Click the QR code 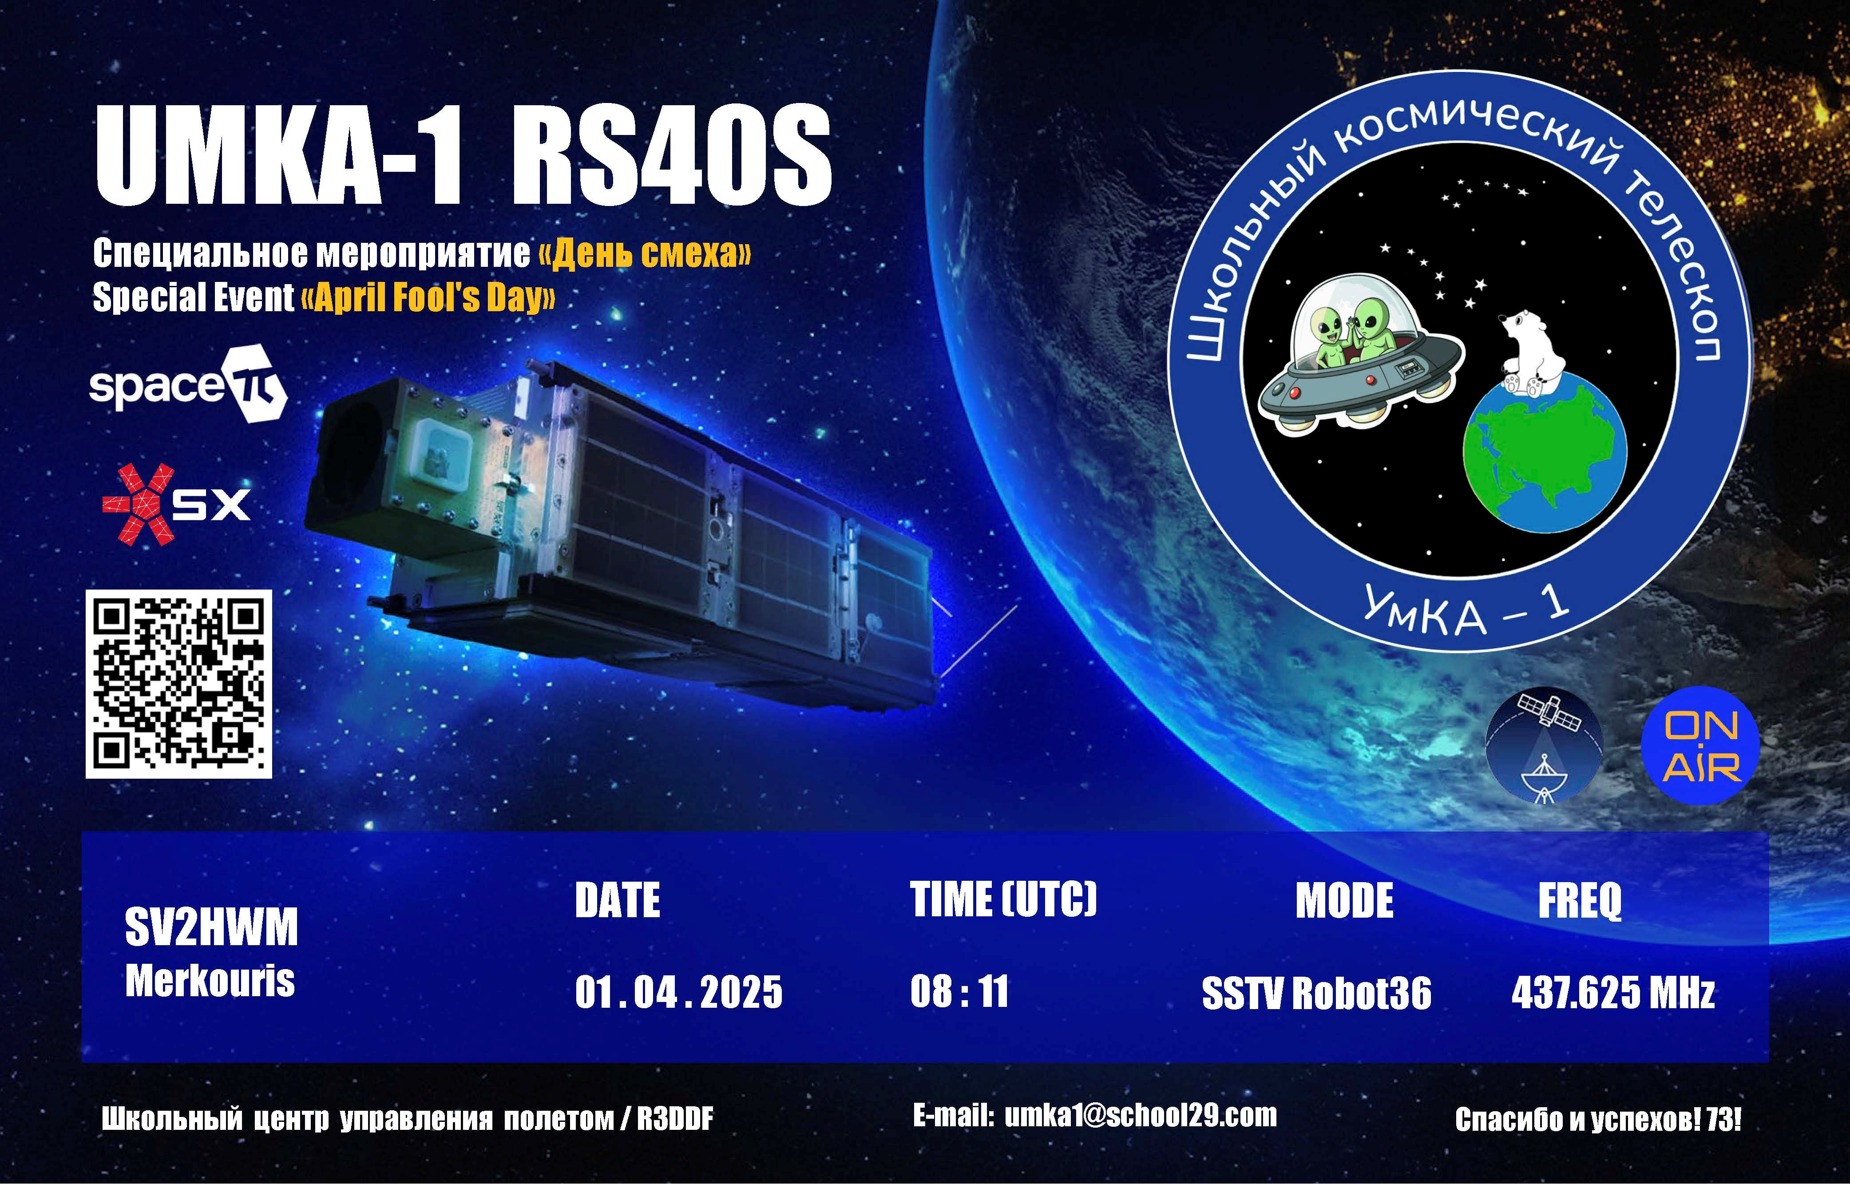178,684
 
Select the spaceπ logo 188,384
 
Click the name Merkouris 210,981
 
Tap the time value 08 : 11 959,991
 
